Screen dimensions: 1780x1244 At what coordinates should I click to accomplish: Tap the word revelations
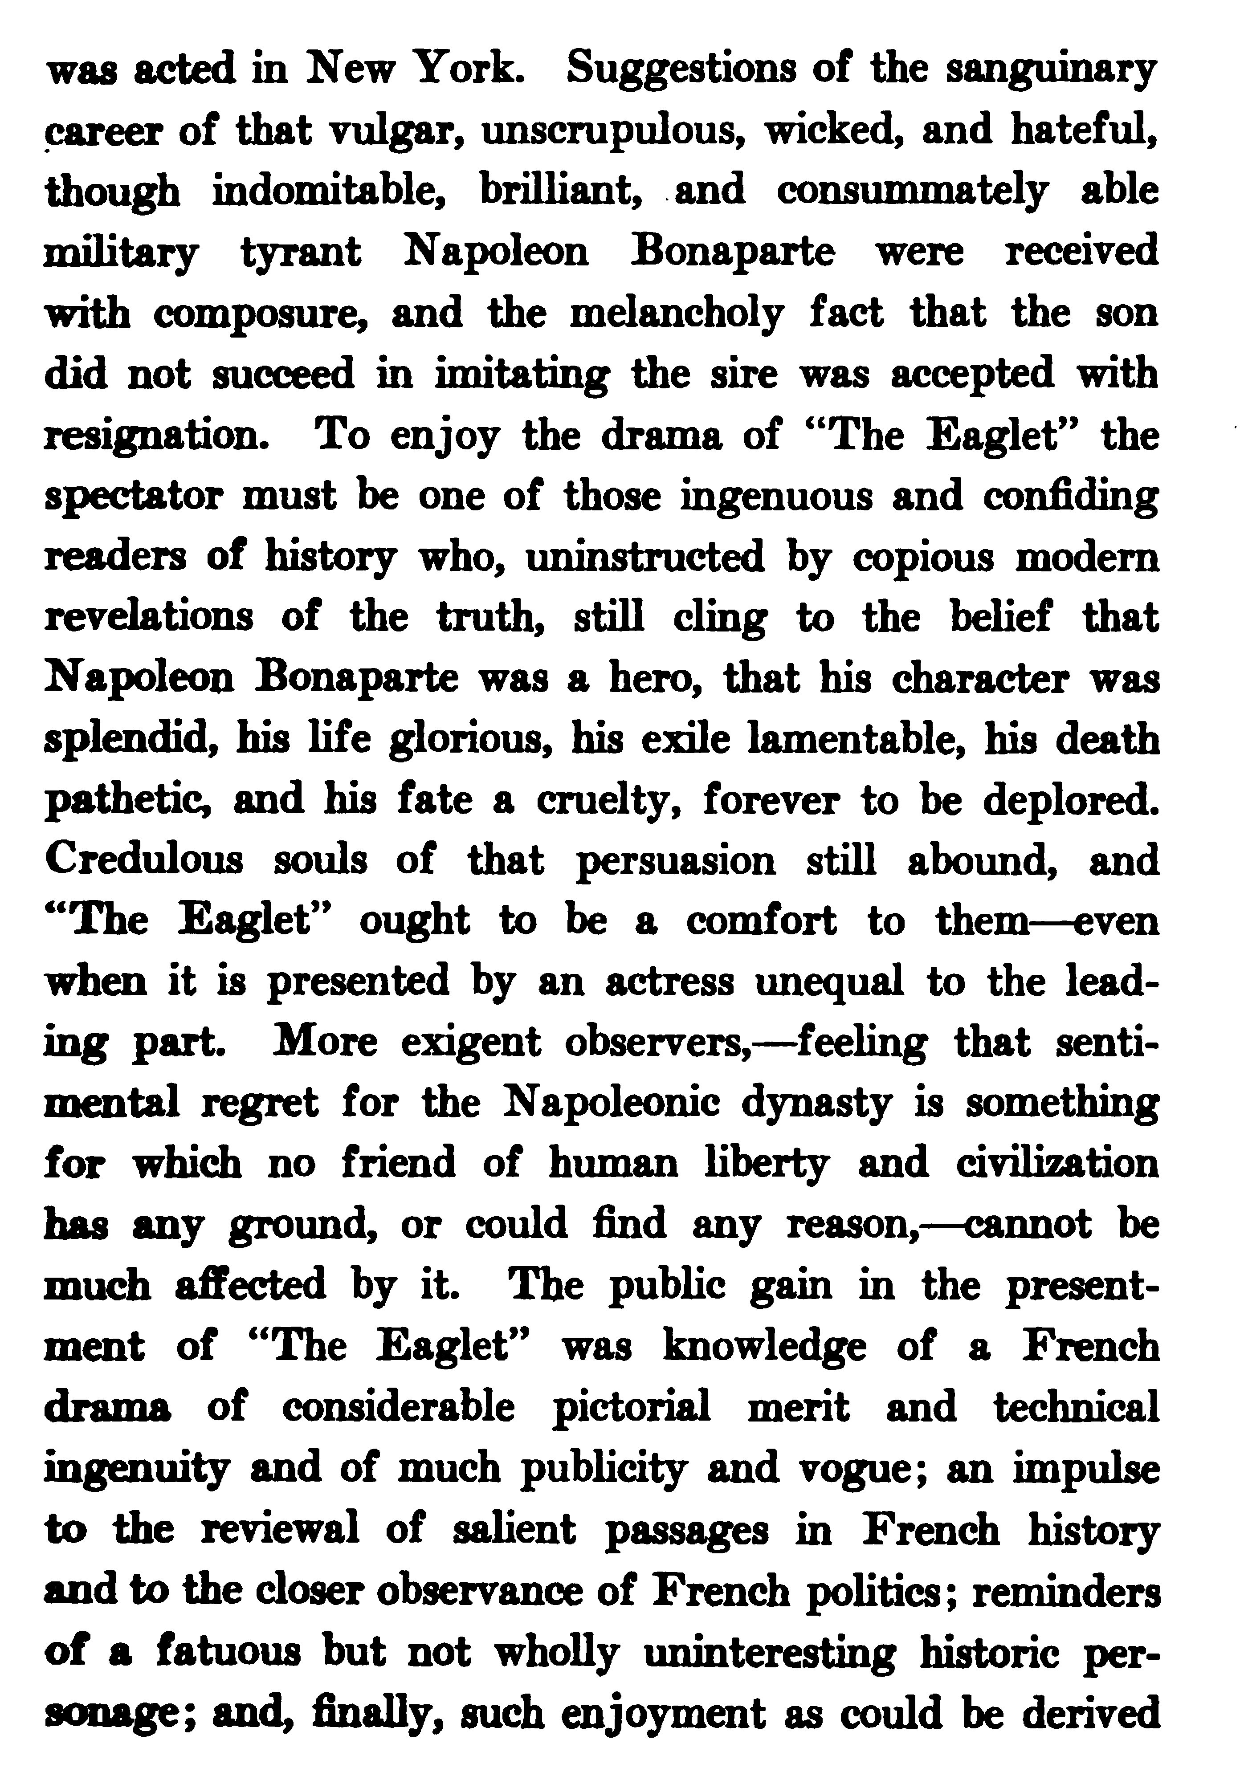coord(149,618)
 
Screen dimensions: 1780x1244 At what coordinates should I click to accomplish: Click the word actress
coord(669,983)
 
